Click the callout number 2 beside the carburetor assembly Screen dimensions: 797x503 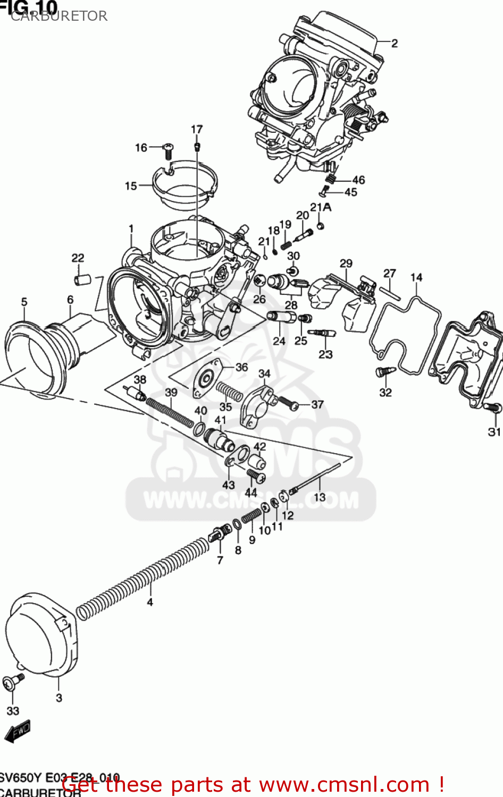pos(394,43)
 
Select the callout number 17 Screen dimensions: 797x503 pos(197,129)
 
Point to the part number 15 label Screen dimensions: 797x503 pos(131,186)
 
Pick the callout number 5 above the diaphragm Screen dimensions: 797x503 pos(24,302)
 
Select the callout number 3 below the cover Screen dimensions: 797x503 pos(59,698)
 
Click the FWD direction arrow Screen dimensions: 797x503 pos(17,732)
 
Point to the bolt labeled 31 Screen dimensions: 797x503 pos(492,408)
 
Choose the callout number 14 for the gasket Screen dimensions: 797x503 pos(416,277)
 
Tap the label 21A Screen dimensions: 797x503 pos(321,207)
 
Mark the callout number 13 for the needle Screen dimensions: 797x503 pos(320,497)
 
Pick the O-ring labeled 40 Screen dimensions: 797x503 pos(199,428)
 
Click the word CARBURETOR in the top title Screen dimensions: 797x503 pos(59,16)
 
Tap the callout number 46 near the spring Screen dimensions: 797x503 pos(358,180)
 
